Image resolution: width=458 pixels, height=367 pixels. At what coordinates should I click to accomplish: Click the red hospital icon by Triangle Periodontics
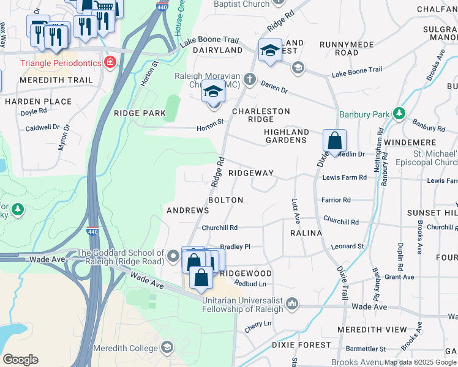(x=110, y=62)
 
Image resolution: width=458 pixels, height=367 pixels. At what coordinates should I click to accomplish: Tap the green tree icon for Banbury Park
(x=399, y=114)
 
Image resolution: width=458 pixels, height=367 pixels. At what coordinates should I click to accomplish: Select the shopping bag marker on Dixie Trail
(x=335, y=140)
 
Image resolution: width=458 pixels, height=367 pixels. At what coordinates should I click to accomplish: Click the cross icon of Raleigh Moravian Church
(x=249, y=79)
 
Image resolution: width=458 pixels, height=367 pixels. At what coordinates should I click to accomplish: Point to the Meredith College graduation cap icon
(x=166, y=349)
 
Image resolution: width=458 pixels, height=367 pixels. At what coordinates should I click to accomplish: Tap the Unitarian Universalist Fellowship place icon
(x=293, y=303)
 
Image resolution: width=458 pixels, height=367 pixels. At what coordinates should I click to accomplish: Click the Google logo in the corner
(x=20, y=360)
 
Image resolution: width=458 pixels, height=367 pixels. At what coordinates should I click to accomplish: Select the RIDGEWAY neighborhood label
(x=250, y=173)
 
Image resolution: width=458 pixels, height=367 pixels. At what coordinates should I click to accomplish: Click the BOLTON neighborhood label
(x=225, y=200)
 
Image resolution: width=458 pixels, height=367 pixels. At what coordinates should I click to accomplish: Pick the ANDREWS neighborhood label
(x=188, y=210)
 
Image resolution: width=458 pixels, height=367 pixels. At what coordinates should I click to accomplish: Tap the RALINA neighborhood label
(x=306, y=233)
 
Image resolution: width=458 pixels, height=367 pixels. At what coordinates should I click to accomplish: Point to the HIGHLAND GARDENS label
(x=286, y=136)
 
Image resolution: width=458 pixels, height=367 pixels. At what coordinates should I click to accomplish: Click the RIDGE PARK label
(x=140, y=113)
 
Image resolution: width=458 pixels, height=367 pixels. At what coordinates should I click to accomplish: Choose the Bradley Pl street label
(x=235, y=247)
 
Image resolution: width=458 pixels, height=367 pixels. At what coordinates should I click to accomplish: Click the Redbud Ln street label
(x=253, y=284)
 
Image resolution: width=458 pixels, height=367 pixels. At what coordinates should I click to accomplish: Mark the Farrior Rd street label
(x=336, y=200)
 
